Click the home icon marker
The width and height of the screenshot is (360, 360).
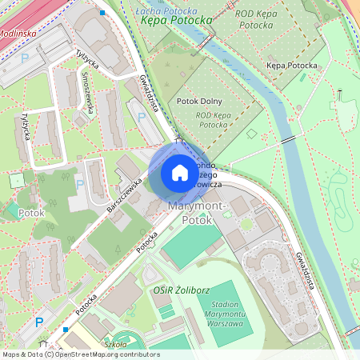click(180, 172)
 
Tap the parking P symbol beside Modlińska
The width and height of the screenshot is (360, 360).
click(24, 58)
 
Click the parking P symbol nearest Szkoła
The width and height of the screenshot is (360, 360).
click(39, 322)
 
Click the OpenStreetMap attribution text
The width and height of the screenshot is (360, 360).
click(81, 354)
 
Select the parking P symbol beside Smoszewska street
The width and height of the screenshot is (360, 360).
click(142, 118)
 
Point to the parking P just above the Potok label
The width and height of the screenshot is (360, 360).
click(79, 185)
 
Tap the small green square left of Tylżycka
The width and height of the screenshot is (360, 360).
click(18, 181)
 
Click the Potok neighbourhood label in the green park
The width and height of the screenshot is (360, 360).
click(30, 214)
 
